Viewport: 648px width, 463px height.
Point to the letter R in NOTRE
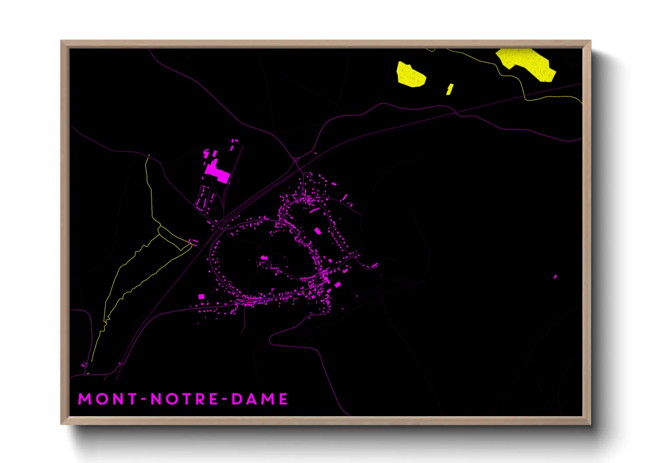pyautogui.click(x=201, y=399)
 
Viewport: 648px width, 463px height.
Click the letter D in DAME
pyautogui.click(x=236, y=399)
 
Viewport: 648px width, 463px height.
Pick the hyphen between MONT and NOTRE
pyautogui.click(x=143, y=399)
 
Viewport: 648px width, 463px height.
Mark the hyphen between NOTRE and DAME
pyautogui.click(x=224, y=399)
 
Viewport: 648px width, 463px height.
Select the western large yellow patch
pyautogui.click(x=410, y=74)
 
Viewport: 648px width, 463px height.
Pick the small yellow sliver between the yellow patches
pyautogui.click(x=449, y=89)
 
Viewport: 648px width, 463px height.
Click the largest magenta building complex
pyautogui.click(x=216, y=171)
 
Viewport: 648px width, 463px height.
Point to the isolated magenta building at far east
pyautogui.click(x=555, y=277)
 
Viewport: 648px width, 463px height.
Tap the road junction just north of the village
pyautogui.click(x=295, y=159)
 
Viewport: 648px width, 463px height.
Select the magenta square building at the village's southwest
pyautogui.click(x=201, y=296)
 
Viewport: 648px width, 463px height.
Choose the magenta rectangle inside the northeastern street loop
pyautogui.click(x=317, y=231)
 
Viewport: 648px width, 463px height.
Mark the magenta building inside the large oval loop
pyautogui.click(x=264, y=258)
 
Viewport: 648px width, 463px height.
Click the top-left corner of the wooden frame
pyautogui.click(x=61, y=41)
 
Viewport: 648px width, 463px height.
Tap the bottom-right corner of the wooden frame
pyautogui.click(x=590, y=424)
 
